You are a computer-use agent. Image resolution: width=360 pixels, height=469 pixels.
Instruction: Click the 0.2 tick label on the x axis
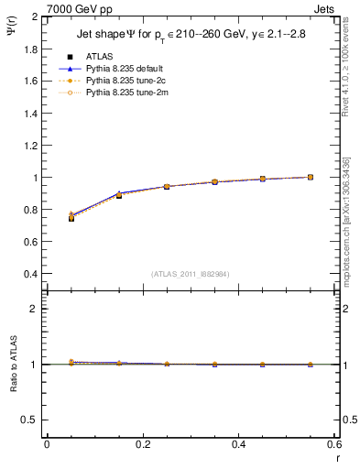(142, 444)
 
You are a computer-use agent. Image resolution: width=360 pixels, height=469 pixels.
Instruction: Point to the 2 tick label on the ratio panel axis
(35, 309)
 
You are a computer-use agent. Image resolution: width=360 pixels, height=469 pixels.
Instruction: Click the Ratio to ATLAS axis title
(14, 364)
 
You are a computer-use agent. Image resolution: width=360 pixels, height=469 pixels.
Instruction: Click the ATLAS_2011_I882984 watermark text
(190, 273)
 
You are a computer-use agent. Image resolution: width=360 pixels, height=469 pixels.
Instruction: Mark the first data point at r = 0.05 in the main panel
(71, 218)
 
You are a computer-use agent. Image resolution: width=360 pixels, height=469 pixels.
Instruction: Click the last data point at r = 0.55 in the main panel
(311, 177)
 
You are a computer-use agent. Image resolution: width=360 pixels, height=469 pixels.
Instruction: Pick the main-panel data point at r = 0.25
(167, 186)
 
